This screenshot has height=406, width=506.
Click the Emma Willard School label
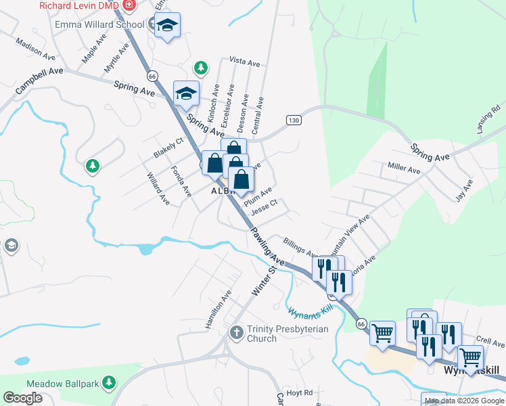[100, 25]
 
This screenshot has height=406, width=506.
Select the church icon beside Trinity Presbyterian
[236, 332]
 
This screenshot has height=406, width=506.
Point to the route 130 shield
[293, 120]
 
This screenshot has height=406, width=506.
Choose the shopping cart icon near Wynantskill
[382, 333]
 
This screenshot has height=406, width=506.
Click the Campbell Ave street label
[39, 81]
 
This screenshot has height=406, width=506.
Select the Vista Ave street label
[245, 62]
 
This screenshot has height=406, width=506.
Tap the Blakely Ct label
[168, 148]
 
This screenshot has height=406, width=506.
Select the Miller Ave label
[404, 167]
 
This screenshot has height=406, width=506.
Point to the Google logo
[22, 398]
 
